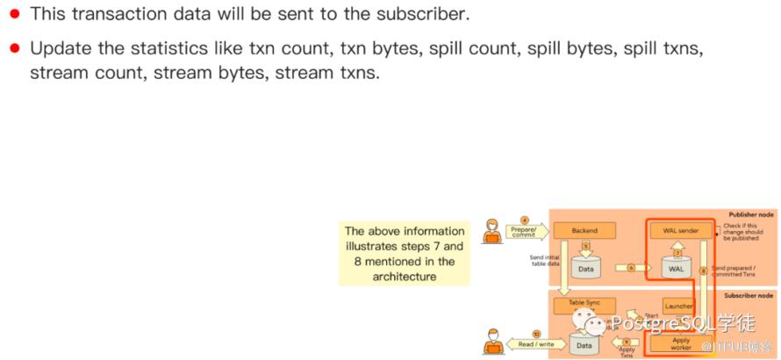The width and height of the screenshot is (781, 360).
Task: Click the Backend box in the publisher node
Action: tap(584, 231)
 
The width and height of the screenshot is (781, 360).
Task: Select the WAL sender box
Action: tap(676, 231)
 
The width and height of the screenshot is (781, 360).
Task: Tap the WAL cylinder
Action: tap(676, 266)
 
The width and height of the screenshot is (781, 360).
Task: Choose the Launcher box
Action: tap(678, 306)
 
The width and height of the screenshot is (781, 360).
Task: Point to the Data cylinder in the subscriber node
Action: tap(584, 344)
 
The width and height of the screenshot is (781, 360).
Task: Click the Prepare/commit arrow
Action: tap(527, 232)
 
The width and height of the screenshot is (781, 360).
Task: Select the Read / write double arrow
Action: tap(534, 344)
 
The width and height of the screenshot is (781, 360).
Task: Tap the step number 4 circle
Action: tap(525, 219)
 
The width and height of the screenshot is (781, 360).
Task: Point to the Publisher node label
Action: tap(750, 215)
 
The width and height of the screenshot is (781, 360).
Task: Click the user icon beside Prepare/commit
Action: tap(493, 232)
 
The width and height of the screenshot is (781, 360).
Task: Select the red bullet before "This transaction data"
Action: tap(15, 15)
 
